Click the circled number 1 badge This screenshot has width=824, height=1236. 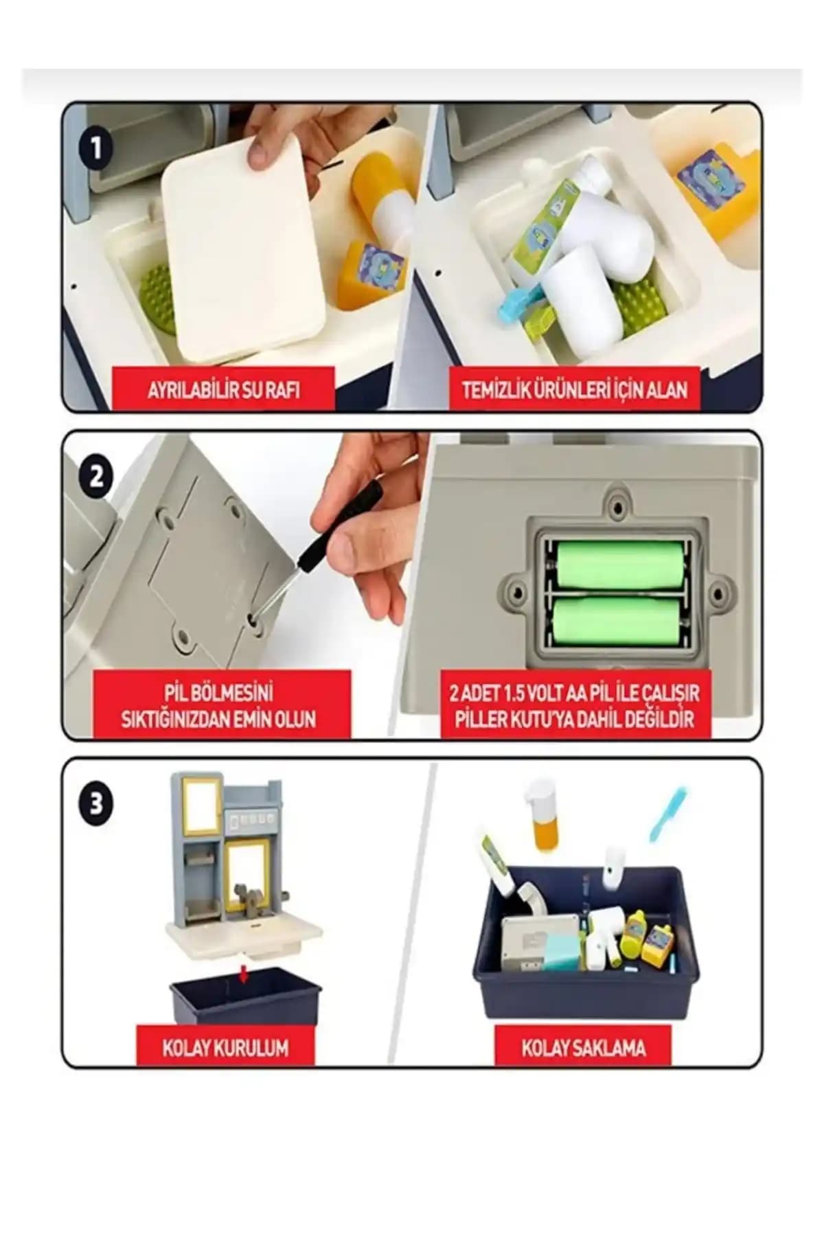point(96,147)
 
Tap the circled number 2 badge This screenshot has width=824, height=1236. point(96,475)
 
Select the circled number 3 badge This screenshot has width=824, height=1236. point(96,802)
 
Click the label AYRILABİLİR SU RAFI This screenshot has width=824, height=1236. point(223,390)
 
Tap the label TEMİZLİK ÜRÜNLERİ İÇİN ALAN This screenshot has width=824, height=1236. point(574,390)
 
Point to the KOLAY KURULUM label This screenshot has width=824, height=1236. point(225,1048)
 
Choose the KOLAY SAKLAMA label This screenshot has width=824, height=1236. point(583,1048)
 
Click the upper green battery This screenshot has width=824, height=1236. point(620,565)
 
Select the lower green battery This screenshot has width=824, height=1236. point(620,621)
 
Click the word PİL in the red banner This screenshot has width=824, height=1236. point(177,692)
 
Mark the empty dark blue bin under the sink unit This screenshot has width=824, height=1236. point(246,996)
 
